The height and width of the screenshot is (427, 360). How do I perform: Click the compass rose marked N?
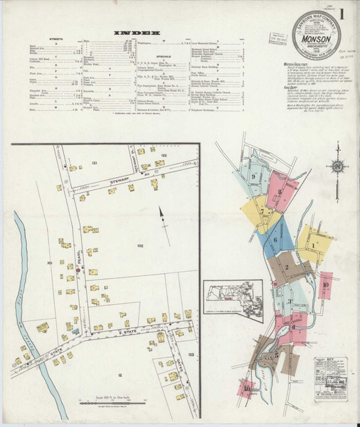click(x=337, y=168)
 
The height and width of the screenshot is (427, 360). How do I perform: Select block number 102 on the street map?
click(x=140, y=246)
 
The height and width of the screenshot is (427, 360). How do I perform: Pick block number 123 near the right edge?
click(x=191, y=352)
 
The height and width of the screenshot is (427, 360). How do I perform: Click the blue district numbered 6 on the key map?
click(x=275, y=241)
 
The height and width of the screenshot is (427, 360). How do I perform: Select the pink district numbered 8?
click(x=280, y=191)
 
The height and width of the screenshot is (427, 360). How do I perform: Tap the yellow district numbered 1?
click(x=314, y=246)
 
